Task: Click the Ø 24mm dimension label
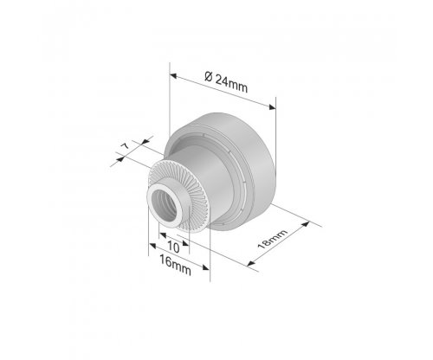[226, 82]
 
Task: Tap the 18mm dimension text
[272, 239]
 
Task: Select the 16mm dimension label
[175, 265]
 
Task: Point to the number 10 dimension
[173, 247]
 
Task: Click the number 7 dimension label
[125, 146]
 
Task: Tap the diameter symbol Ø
[209, 77]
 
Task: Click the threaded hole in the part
[164, 206]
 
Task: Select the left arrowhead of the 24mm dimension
[173, 76]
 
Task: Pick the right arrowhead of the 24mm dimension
[272, 107]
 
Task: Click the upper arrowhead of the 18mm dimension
[306, 224]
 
